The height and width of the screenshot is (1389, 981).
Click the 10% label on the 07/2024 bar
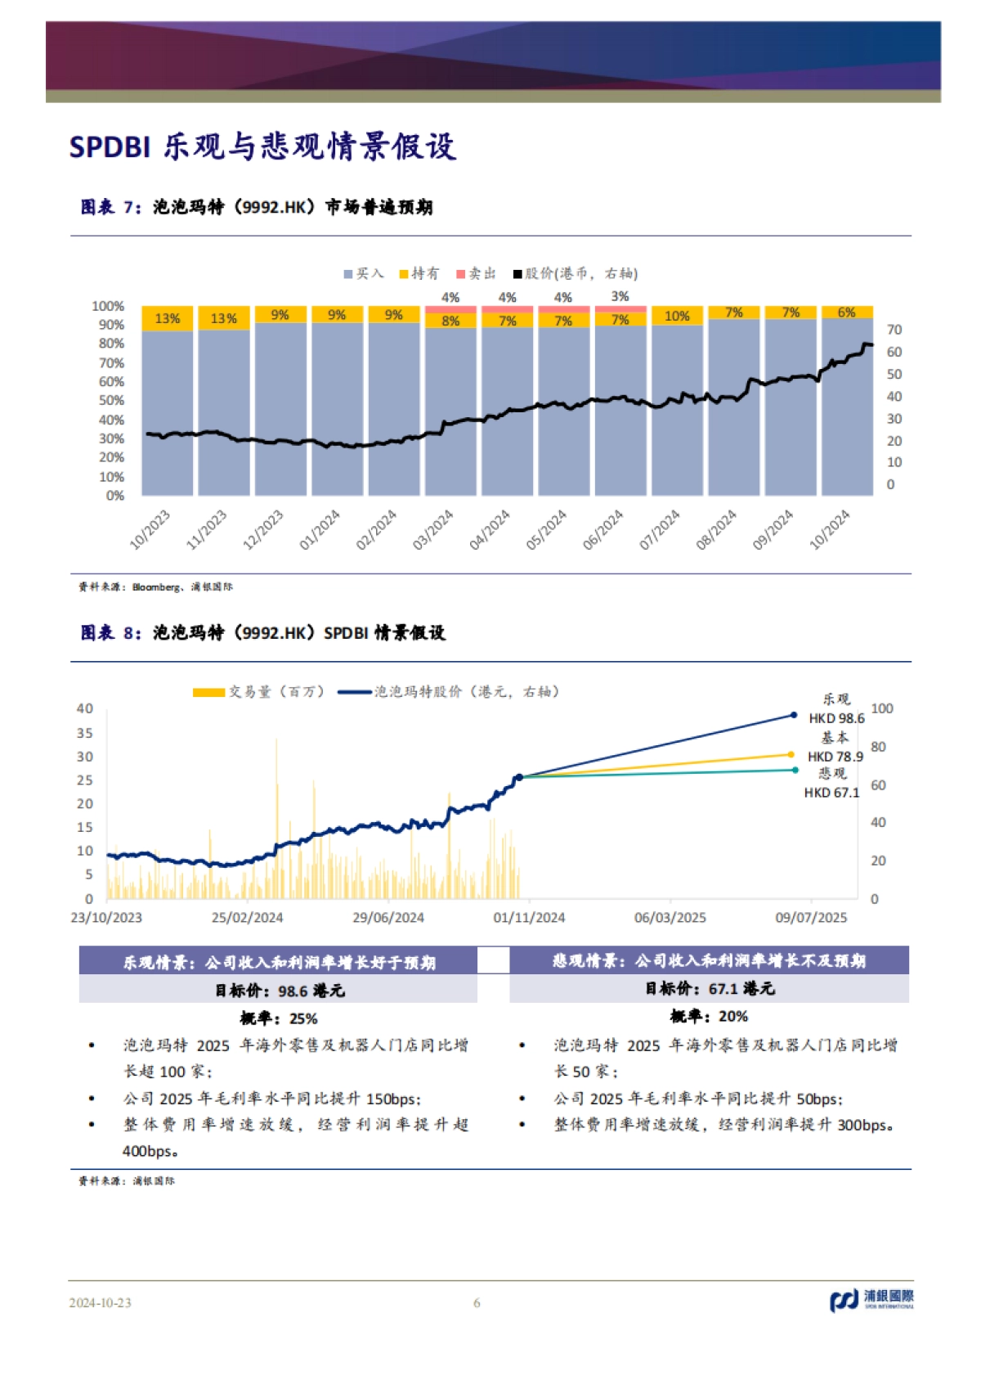pyautogui.click(x=677, y=316)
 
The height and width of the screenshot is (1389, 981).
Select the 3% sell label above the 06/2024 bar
pyautogui.click(x=620, y=296)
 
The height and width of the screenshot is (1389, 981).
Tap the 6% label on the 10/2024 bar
pyautogui.click(x=846, y=312)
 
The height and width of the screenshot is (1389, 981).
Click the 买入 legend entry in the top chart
pyautogui.click(x=365, y=273)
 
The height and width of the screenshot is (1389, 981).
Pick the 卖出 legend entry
pyautogui.click(x=477, y=273)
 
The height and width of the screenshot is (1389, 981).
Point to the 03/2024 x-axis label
pyautogui.click(x=433, y=529)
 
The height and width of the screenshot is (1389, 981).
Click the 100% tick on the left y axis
pyautogui.click(x=108, y=306)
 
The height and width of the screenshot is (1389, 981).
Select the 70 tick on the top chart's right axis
pyautogui.click(x=894, y=330)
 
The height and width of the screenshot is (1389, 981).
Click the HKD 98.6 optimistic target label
pyautogui.click(x=836, y=718)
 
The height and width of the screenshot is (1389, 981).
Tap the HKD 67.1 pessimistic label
pyautogui.click(x=831, y=792)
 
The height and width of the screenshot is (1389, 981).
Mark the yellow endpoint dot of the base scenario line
pyautogui.click(x=791, y=754)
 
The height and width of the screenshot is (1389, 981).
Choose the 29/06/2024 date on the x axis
pyautogui.click(x=388, y=917)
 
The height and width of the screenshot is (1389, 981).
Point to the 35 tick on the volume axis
pyautogui.click(x=85, y=733)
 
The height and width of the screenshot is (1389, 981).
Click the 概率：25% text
pyautogui.click(x=278, y=1018)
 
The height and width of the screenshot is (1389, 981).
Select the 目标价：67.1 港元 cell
pyautogui.click(x=709, y=989)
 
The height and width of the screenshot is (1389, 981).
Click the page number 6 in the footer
pyautogui.click(x=477, y=1302)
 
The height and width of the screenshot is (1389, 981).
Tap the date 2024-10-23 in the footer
pyautogui.click(x=100, y=1302)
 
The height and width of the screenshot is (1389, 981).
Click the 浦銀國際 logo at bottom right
pyautogui.click(x=871, y=1299)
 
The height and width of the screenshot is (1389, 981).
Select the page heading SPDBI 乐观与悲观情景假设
pyautogui.click(x=262, y=146)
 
